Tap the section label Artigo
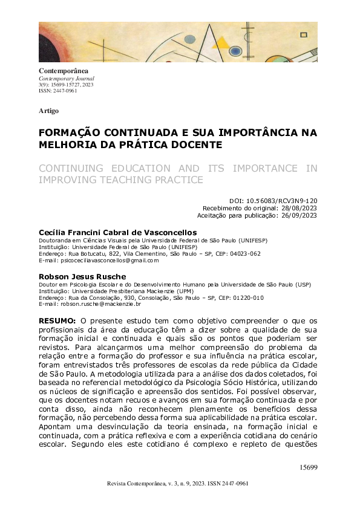click(x=48, y=111)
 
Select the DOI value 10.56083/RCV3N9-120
click(x=281, y=200)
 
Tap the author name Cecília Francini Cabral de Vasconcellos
click(x=118, y=233)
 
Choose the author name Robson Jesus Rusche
click(x=82, y=276)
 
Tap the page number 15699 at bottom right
click(x=308, y=467)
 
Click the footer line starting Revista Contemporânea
click(x=177, y=484)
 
